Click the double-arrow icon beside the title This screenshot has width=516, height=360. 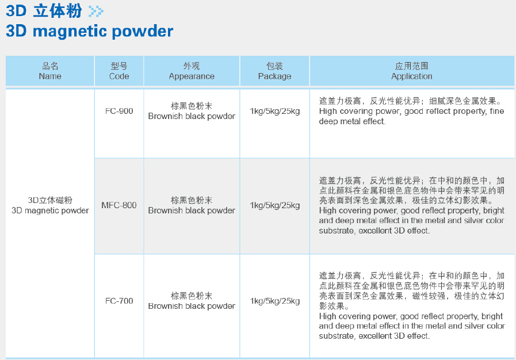point(95,11)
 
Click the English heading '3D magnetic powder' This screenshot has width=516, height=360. point(90,31)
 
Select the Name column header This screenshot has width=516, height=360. point(50,71)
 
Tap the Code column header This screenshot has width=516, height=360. point(119,71)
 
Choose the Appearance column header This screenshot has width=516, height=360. point(192,71)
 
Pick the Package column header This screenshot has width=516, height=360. point(274,71)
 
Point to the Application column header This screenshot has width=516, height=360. point(412,71)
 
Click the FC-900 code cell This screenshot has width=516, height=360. point(119,111)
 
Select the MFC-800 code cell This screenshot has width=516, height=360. point(119,205)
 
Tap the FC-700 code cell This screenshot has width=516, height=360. point(119,301)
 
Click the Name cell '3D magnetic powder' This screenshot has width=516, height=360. point(50,210)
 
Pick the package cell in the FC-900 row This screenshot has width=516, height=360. point(275,111)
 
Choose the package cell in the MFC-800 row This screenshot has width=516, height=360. point(275,205)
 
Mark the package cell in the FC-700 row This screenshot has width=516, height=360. point(275,301)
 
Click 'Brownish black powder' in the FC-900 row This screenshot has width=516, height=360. point(192,116)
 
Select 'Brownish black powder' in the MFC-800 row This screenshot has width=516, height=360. point(192,210)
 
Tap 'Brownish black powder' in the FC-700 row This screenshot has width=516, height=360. point(192,306)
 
